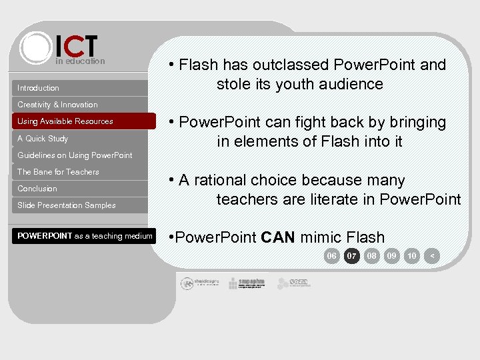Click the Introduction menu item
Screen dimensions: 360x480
click(x=39, y=88)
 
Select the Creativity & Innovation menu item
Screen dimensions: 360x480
click(x=57, y=105)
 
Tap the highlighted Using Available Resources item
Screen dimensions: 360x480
click(x=65, y=121)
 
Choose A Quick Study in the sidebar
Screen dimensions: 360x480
click(x=43, y=139)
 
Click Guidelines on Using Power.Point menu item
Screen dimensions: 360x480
click(x=75, y=155)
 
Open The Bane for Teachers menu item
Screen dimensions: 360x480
click(x=58, y=172)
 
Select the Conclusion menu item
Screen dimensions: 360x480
click(x=37, y=189)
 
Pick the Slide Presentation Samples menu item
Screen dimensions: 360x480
click(x=67, y=205)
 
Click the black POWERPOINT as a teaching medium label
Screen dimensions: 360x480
click(x=85, y=236)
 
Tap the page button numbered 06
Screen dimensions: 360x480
click(x=331, y=256)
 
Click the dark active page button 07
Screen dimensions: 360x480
click(x=352, y=256)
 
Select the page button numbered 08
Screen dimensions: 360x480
click(x=372, y=256)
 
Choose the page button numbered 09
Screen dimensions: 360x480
click(x=392, y=256)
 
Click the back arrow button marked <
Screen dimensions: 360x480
click(x=433, y=256)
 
